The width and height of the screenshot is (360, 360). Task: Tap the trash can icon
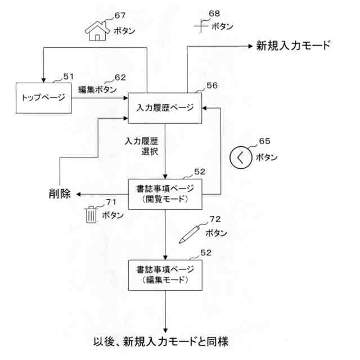click(91, 215)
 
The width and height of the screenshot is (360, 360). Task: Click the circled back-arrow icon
click(240, 157)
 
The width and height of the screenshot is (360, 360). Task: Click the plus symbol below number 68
click(202, 25)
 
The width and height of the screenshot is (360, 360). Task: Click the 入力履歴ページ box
click(165, 107)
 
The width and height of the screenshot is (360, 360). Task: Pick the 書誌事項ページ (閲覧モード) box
click(165, 193)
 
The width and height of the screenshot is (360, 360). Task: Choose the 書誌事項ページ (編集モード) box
click(165, 274)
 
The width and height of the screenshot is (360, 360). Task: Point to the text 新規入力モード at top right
click(293, 46)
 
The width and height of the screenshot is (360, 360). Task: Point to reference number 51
click(68, 76)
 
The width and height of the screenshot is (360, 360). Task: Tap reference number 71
click(111, 201)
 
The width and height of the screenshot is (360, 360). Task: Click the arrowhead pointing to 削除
click(79, 194)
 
